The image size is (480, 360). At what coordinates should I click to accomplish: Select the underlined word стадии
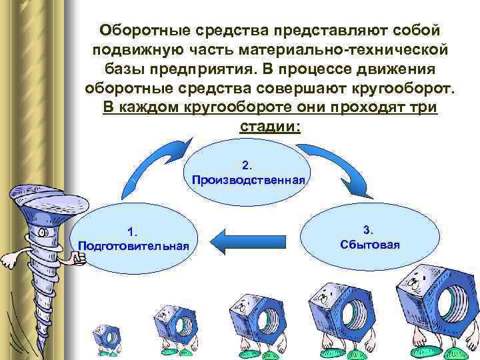click(x=269, y=127)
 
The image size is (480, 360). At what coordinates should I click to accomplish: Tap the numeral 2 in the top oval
click(x=247, y=164)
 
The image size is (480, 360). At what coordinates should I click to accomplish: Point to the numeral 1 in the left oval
click(x=133, y=231)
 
